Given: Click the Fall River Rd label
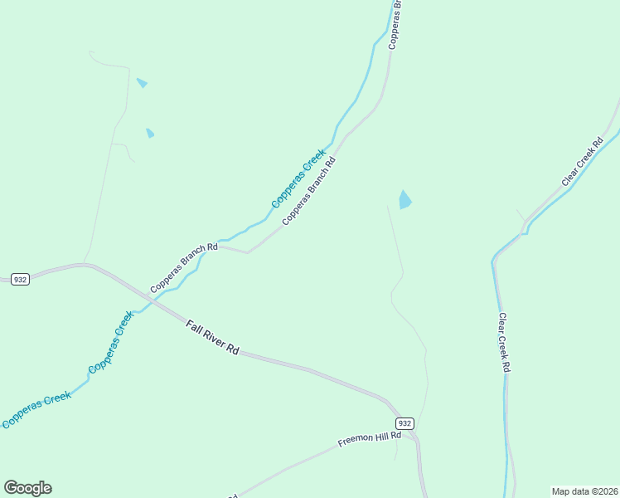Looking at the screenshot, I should pos(212,339).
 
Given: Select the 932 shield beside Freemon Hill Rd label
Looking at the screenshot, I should pos(404,422).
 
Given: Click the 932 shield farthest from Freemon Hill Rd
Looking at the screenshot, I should pos(21,280).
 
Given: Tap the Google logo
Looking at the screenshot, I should pos(27,488).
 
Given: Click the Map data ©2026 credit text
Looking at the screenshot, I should pos(584,491).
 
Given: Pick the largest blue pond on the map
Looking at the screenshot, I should pos(404,200).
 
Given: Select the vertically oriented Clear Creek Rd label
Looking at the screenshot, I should pos(503,342).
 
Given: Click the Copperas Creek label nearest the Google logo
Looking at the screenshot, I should pos(36,411).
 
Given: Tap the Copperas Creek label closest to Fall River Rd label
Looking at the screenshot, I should pos(111,342).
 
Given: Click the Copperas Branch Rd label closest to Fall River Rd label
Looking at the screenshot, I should pos(183,267).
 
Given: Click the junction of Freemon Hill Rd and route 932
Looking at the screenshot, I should pos(412,433).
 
